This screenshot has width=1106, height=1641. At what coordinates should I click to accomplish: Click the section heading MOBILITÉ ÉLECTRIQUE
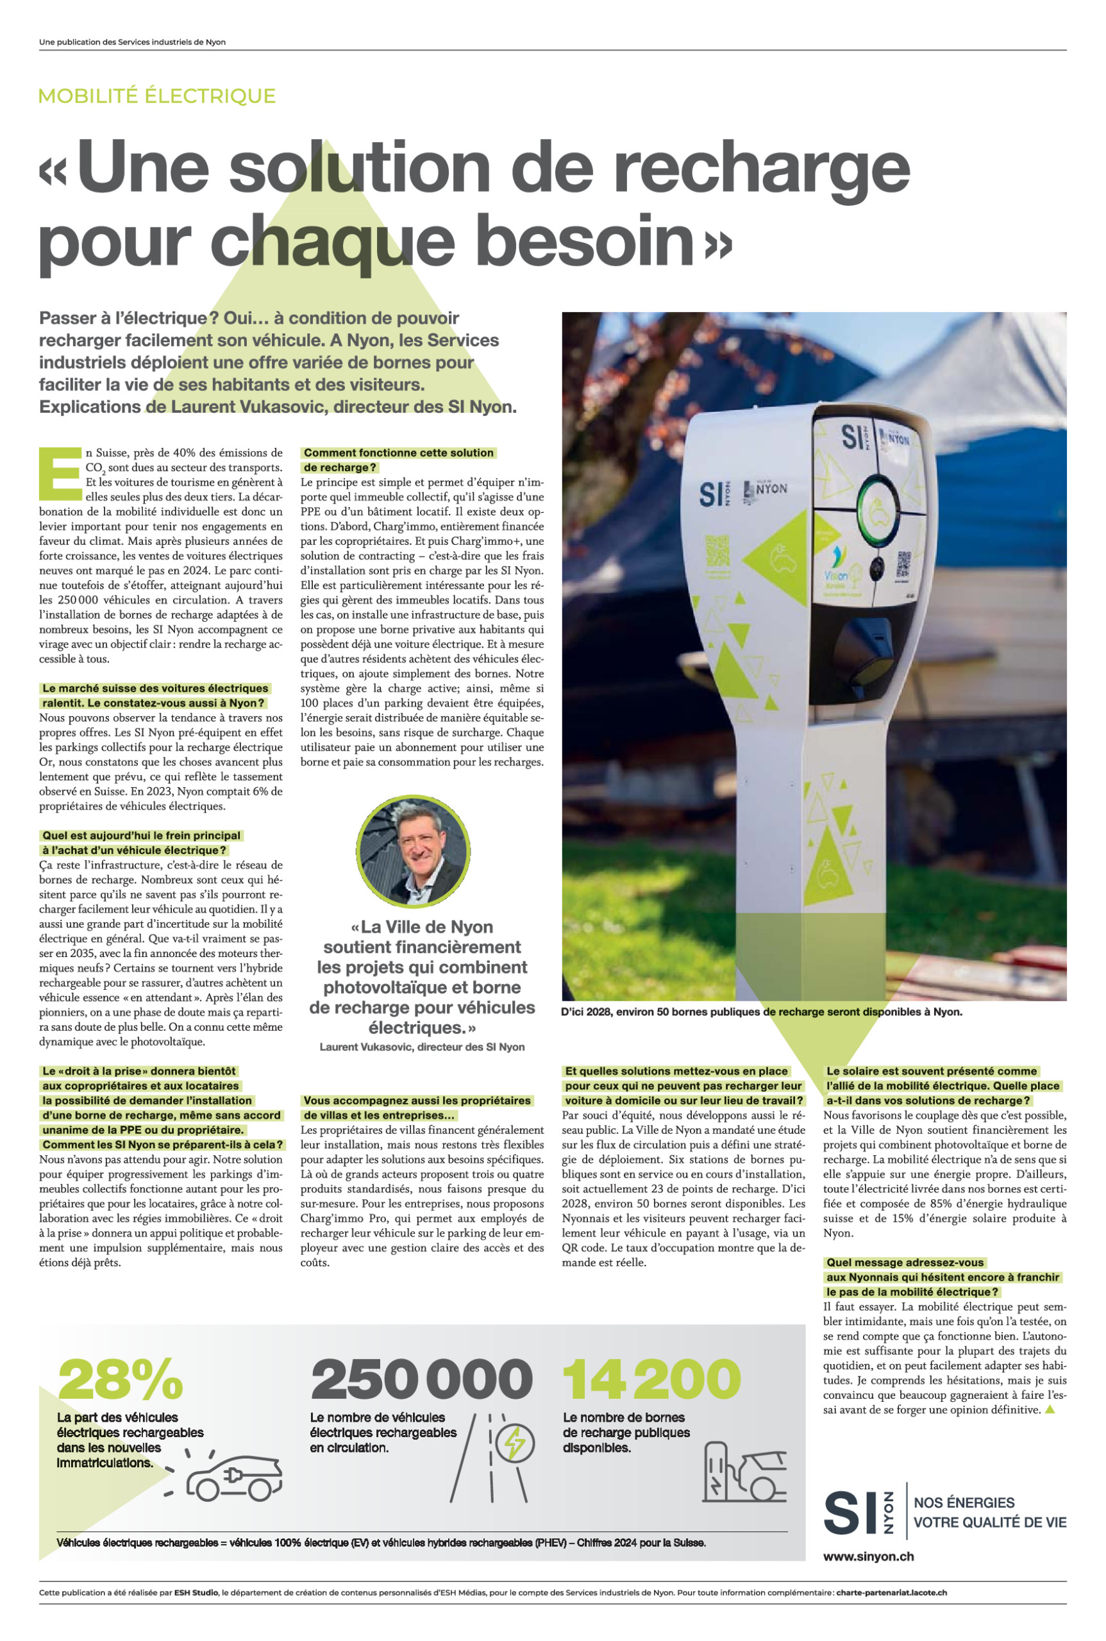(156, 96)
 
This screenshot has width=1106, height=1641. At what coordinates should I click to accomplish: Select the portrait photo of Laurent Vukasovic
(414, 851)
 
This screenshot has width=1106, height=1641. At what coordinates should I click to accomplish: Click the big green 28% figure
(121, 1379)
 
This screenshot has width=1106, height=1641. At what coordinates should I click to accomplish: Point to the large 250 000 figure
(421, 1379)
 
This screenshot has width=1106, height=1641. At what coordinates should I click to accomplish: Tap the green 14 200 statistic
(651, 1379)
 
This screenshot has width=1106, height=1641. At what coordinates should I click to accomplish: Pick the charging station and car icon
(744, 1472)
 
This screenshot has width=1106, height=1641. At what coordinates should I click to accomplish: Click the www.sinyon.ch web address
(868, 1556)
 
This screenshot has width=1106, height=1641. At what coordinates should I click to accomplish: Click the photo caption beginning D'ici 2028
(762, 1012)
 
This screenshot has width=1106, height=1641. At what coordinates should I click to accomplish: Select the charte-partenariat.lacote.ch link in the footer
(891, 1592)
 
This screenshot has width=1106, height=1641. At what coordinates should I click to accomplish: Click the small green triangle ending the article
(1050, 1409)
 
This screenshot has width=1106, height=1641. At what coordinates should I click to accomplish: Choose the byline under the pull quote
(422, 1047)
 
